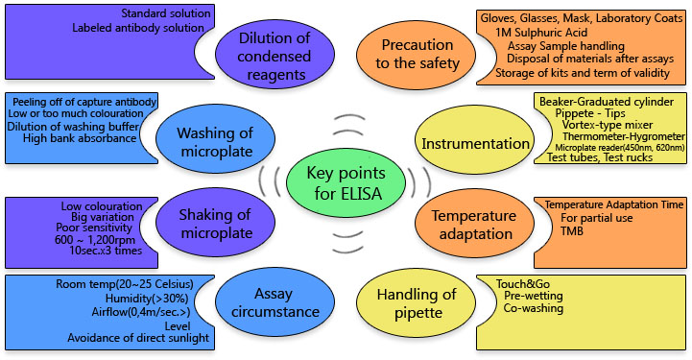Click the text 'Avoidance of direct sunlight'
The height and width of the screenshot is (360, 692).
pos(137,337)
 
